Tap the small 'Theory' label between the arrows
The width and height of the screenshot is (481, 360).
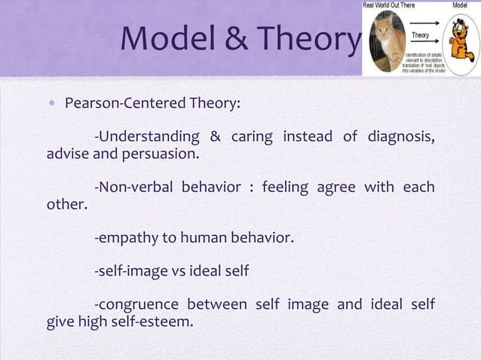pos(420,34)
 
